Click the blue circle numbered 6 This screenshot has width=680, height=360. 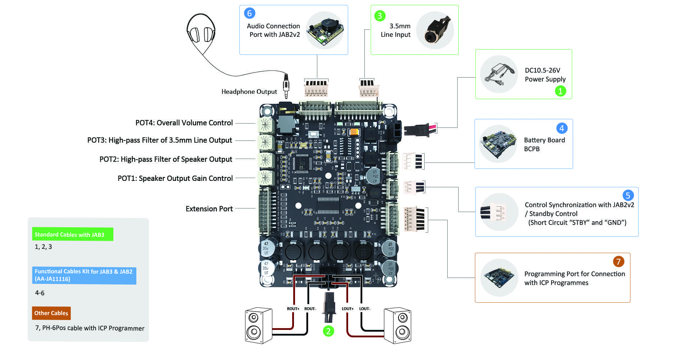(x=249, y=13)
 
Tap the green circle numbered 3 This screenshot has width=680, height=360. (x=380, y=16)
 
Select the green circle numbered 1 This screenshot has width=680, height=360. (x=560, y=91)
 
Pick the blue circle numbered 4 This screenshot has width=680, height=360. (x=561, y=128)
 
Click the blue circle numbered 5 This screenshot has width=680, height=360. (x=628, y=195)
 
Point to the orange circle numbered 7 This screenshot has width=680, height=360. (x=618, y=262)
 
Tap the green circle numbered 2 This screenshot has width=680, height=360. (x=328, y=331)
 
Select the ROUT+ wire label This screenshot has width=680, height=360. (x=293, y=309)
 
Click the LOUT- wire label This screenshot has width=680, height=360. (x=364, y=309)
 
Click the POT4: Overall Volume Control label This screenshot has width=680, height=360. (x=184, y=123)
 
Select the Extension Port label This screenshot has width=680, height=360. (x=209, y=209)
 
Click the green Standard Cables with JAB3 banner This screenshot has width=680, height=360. (x=73, y=234)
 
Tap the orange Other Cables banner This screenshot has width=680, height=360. (x=51, y=313)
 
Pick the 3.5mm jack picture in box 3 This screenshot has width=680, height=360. (x=435, y=30)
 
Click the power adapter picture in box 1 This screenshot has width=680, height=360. (x=499, y=74)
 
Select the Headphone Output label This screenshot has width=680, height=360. (x=249, y=92)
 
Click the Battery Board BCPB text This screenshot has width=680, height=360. (x=544, y=144)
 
